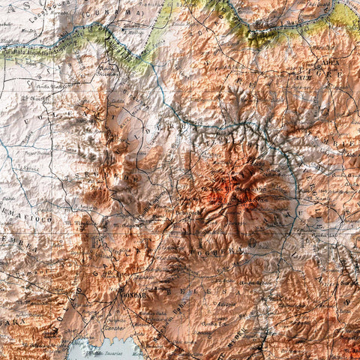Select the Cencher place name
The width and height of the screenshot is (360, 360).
pos(114,328)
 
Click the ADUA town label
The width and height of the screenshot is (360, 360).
pos(329,64)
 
